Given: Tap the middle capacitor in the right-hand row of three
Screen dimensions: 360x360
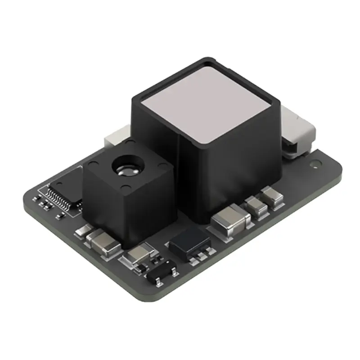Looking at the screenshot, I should coord(256,207).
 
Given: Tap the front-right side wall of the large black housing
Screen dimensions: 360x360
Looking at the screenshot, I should coord(234,166).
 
